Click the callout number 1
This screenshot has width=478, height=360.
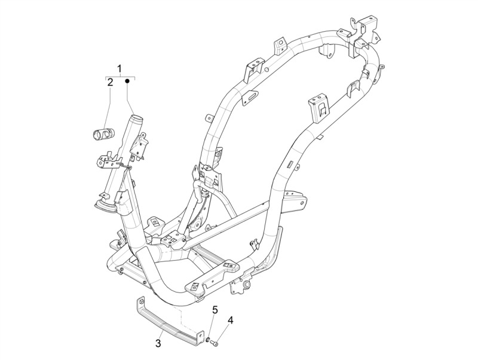120,68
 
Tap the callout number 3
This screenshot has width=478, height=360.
158,343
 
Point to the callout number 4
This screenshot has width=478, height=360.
230,321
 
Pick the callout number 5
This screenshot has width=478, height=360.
215,310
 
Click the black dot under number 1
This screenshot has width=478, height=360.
128,81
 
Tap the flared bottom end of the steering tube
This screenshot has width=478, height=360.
106,205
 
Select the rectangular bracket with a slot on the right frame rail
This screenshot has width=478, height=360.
319,108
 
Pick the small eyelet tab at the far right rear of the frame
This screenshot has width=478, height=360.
382,67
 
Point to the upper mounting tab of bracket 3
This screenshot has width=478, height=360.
140,302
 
